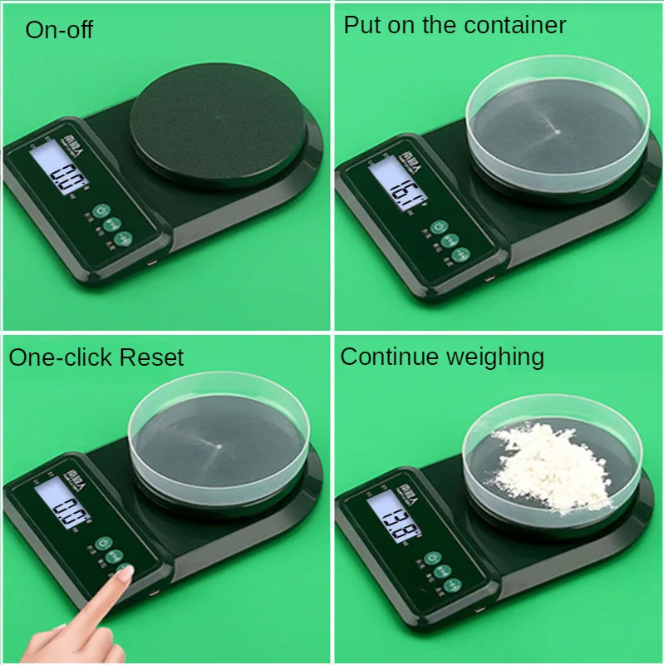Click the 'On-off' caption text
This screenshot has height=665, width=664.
coord(59,30)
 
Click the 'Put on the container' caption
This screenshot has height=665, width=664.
coord(455,25)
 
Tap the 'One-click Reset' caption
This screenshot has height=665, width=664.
coord(96,358)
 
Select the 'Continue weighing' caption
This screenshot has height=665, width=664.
coord(442,357)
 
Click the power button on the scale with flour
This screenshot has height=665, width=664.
coord(430,559)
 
